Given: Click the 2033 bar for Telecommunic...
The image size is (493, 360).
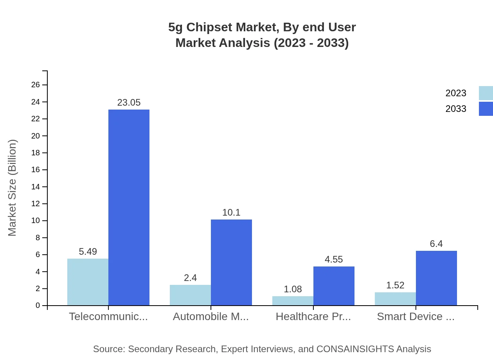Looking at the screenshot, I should click(x=129, y=207).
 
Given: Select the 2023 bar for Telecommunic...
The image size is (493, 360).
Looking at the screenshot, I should click(x=88, y=282).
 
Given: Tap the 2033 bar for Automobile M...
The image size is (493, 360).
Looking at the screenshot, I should click(x=231, y=262).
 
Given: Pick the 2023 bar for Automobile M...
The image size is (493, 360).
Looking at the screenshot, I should click(x=190, y=295).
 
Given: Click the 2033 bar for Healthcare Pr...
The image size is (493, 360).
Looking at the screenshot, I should click(x=334, y=286).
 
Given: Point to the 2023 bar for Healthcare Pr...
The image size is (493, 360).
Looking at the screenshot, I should click(x=293, y=301).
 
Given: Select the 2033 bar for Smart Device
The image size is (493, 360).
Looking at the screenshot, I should click(x=436, y=278).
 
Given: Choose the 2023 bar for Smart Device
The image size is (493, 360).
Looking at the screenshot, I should click(x=395, y=299).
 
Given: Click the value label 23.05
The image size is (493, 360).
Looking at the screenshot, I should click(x=129, y=103).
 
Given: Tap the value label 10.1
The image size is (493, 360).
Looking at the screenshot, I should click(x=231, y=212).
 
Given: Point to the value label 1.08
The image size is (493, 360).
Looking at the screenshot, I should click(x=293, y=289).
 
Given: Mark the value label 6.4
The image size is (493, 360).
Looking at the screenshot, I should click(x=436, y=244).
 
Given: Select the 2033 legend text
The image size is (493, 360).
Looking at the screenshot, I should click(x=456, y=109).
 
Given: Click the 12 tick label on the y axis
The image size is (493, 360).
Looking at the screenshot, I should click(x=36, y=204).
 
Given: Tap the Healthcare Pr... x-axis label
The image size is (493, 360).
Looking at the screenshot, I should click(x=313, y=317).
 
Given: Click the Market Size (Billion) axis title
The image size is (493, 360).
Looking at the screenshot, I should click(x=13, y=188).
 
